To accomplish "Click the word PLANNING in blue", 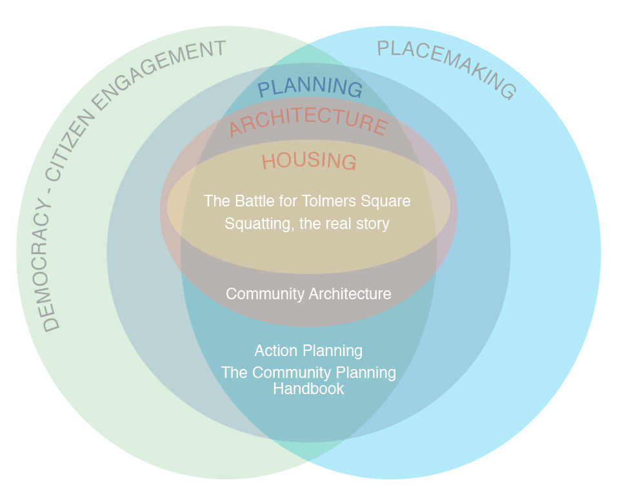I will [310, 88].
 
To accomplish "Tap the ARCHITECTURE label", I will [308, 121].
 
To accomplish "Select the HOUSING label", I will [309, 161].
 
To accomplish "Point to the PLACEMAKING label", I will [447, 68].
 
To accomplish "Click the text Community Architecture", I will [308, 294].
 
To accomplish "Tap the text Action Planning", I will [308, 351].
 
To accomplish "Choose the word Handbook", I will [308, 389].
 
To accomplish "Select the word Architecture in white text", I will [350, 294].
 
